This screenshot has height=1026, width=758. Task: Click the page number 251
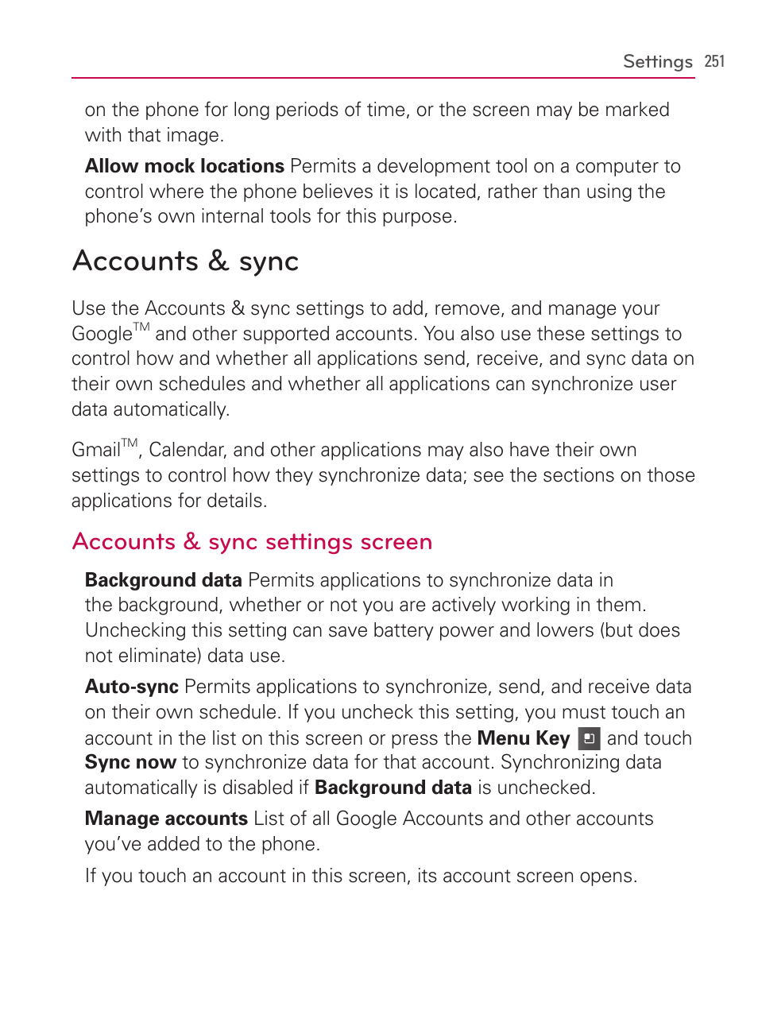(714, 62)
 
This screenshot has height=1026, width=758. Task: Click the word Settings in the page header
(657, 62)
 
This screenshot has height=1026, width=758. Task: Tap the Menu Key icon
(589, 739)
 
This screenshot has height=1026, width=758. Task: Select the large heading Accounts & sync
(186, 261)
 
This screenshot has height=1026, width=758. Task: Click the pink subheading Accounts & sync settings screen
(252, 542)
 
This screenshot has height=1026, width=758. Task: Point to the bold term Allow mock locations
(184, 166)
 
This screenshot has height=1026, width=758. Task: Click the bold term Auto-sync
(131, 687)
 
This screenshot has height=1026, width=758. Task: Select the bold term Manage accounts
(166, 819)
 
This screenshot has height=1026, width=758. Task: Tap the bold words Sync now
(130, 763)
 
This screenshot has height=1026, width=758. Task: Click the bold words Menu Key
(523, 738)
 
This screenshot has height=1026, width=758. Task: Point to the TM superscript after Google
(141, 327)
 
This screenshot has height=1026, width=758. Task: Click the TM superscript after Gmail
(130, 443)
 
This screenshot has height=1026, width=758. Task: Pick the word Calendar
(188, 450)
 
